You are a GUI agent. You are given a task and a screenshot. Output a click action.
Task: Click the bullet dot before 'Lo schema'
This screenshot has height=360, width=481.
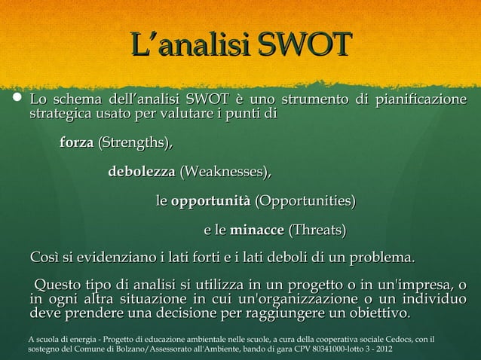[x=16, y=102]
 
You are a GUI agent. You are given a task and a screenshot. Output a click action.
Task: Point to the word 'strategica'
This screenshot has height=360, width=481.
[x=59, y=115]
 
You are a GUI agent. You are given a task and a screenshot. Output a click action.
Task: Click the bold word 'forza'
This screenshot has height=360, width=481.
[x=76, y=142]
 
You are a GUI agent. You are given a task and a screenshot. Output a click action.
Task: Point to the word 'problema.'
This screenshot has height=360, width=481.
[x=378, y=259]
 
